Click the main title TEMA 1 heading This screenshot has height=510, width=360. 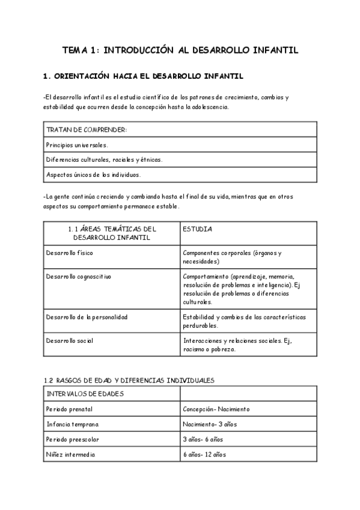(180, 51)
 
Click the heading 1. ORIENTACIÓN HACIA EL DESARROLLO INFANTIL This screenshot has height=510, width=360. (143, 76)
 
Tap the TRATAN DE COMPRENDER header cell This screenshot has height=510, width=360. (87, 129)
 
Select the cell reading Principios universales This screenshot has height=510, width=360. (78, 144)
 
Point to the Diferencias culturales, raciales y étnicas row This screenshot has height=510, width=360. (104, 159)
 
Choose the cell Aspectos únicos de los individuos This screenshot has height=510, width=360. (93, 174)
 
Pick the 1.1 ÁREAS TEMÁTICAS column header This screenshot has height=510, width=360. (112, 233)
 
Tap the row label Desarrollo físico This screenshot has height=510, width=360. (69, 253)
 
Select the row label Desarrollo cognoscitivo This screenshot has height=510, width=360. (79, 276)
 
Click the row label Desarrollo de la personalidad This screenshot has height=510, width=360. (87, 316)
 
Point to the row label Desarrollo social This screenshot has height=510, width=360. (70, 340)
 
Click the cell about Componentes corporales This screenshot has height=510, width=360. (232, 257)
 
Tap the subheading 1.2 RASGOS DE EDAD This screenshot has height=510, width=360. (129, 380)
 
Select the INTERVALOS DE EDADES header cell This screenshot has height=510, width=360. (85, 394)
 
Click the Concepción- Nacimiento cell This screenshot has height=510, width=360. (216, 409)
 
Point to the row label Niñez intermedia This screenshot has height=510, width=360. (70, 455)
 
